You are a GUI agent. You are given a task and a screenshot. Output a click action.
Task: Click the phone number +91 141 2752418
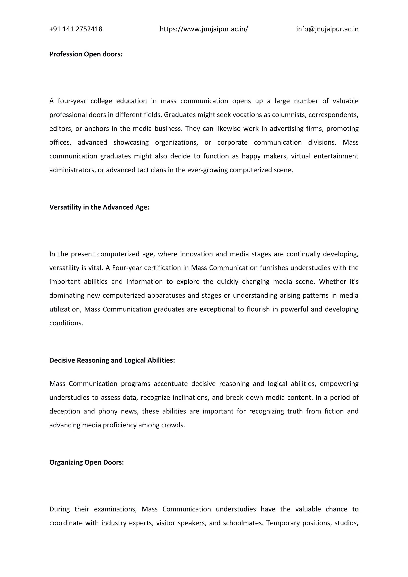tap(76, 29)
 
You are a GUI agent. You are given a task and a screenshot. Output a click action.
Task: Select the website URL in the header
tap(204, 29)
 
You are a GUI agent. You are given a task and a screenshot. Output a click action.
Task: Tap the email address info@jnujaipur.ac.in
tap(327, 29)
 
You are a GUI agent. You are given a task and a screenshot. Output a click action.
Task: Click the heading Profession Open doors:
tap(86, 54)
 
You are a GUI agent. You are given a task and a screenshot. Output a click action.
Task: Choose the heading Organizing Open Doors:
tap(86, 462)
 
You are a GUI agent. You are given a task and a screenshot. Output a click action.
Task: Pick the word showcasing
tap(131, 142)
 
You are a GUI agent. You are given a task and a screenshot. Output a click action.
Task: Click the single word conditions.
tap(66, 323)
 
